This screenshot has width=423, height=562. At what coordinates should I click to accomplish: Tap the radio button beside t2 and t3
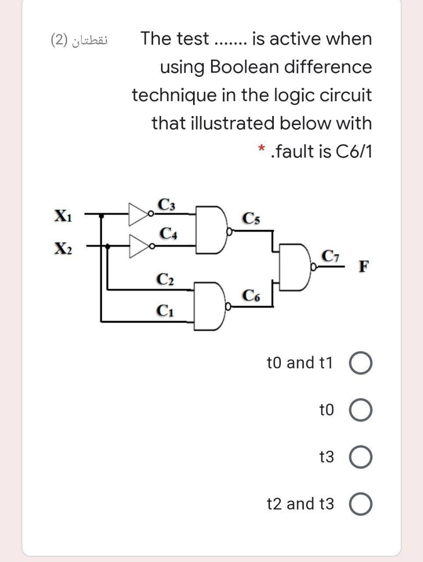pyautogui.click(x=361, y=504)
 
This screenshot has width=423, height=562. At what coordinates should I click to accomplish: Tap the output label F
pyautogui.click(x=364, y=267)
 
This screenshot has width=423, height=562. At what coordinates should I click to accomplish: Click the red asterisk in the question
pyautogui.click(x=262, y=151)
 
